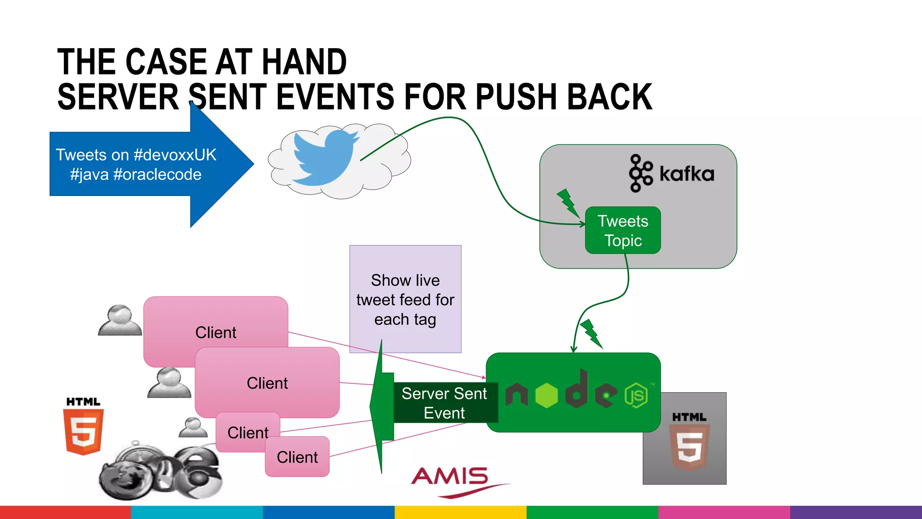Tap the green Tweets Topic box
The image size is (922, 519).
coord(623,231)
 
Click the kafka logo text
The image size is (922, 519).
coord(687,174)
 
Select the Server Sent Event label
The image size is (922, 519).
coord(444,403)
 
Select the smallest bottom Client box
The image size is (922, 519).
coord(297,457)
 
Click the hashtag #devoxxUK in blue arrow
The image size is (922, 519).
coord(175,155)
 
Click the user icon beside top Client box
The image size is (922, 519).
coord(120,320)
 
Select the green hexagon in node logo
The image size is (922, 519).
coord(547,396)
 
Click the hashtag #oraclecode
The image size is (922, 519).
coord(158,175)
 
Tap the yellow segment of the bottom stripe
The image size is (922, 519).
coord(460,512)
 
